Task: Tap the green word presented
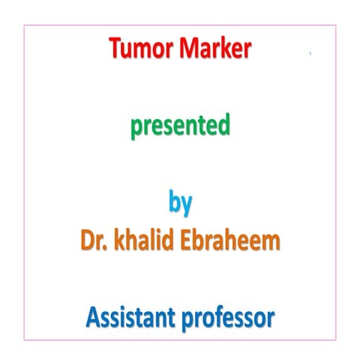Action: [x=180, y=127]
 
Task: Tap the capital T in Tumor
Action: [x=115, y=50]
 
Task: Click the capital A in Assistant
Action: [x=91, y=319]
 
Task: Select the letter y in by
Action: [x=187, y=204]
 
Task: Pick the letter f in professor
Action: [x=218, y=318]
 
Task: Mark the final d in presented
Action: [x=223, y=125]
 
